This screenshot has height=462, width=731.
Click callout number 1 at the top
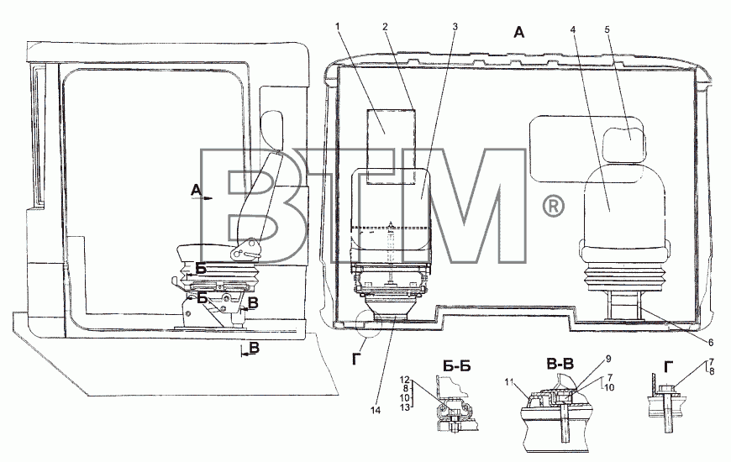pyautogui.click(x=338, y=26)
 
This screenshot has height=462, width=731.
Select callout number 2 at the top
pyautogui.click(x=385, y=27)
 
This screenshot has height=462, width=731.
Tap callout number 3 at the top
pyautogui.click(x=455, y=27)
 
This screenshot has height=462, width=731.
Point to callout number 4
pyautogui.click(x=573, y=29)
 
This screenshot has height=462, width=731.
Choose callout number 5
pyautogui.click(x=607, y=29)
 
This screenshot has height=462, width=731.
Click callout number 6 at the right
pyautogui.click(x=711, y=343)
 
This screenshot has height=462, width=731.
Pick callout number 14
pyautogui.click(x=376, y=410)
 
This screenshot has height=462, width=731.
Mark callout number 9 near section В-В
pyautogui.click(x=608, y=359)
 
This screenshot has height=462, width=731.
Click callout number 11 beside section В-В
pyautogui.click(x=509, y=382)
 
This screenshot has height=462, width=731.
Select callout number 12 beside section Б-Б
pyautogui.click(x=406, y=379)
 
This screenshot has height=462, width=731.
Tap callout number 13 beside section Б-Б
pyautogui.click(x=406, y=407)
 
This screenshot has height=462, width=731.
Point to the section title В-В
pyautogui.click(x=560, y=364)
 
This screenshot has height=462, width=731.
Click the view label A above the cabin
pyautogui.click(x=519, y=32)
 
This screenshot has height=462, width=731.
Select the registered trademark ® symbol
pyautogui.click(x=554, y=206)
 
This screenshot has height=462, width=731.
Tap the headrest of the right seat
pyautogui.click(x=623, y=134)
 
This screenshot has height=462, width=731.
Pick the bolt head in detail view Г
pyautogui.click(x=666, y=388)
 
